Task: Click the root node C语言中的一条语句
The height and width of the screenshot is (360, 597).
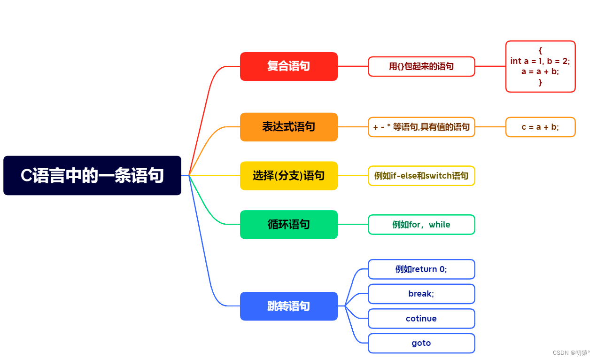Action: (92, 175)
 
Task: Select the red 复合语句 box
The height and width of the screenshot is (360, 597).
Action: (288, 66)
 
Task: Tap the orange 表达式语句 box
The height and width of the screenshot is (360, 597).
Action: (288, 127)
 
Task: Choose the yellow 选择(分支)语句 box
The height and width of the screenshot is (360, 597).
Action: (288, 176)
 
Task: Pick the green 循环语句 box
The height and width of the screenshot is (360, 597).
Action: (288, 225)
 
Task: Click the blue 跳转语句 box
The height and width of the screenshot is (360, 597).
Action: (288, 306)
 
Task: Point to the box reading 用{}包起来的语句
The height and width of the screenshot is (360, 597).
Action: (421, 66)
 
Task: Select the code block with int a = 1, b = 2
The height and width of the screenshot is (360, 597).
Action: (540, 66)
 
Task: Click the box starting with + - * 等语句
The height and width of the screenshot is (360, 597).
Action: (421, 127)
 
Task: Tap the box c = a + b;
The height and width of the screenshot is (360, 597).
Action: (540, 127)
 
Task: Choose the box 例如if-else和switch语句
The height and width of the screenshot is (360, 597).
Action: (421, 176)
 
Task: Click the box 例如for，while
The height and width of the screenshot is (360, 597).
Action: (421, 225)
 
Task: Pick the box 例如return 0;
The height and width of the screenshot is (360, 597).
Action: (421, 269)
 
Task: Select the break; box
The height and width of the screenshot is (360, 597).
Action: (421, 294)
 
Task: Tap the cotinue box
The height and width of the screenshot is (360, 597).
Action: (421, 319)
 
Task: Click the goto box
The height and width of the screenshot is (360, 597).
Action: (421, 343)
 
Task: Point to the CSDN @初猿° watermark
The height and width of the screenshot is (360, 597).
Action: (570, 352)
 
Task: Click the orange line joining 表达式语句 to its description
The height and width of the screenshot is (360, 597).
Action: (353, 127)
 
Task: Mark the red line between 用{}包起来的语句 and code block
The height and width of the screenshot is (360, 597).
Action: (490, 66)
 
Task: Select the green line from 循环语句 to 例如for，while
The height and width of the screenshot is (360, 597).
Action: (353, 225)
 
